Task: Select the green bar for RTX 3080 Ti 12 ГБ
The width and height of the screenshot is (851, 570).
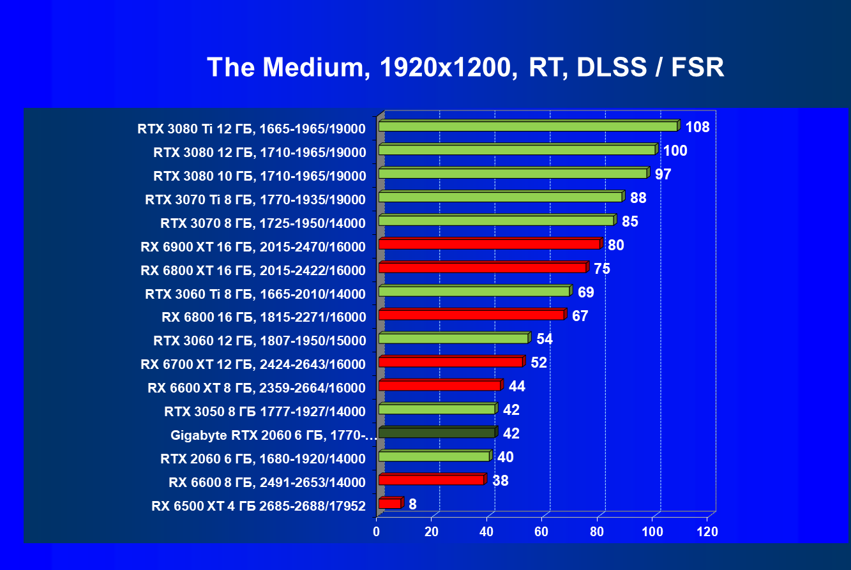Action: click(x=527, y=126)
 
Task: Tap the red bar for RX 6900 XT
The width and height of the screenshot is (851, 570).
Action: click(x=489, y=244)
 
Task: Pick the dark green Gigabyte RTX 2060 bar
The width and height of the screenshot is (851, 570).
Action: click(x=437, y=433)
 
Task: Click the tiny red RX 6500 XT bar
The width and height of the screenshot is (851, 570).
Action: click(x=390, y=504)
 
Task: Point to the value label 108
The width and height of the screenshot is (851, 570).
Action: click(x=697, y=127)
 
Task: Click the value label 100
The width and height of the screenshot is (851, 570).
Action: click(x=675, y=151)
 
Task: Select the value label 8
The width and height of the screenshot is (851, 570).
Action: click(x=412, y=504)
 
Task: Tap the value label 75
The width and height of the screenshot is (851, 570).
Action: click(x=601, y=269)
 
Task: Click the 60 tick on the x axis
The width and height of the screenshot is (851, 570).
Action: click(x=542, y=532)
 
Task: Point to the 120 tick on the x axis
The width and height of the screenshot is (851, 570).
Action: click(x=707, y=532)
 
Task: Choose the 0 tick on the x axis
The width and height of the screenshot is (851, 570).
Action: click(x=377, y=532)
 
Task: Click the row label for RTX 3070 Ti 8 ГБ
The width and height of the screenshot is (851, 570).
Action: click(x=255, y=200)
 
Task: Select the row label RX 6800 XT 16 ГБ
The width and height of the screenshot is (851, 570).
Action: click(x=253, y=271)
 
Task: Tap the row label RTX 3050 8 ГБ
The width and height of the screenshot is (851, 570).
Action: click(x=265, y=411)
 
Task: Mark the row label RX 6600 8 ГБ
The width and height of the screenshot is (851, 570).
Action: click(x=267, y=482)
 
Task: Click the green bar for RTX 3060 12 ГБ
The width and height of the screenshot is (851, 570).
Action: click(x=453, y=338)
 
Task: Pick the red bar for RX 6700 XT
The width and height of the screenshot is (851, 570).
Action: click(x=450, y=362)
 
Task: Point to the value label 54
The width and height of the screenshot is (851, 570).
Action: click(x=545, y=339)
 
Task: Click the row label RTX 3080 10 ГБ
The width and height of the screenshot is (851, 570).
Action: click(x=259, y=176)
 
